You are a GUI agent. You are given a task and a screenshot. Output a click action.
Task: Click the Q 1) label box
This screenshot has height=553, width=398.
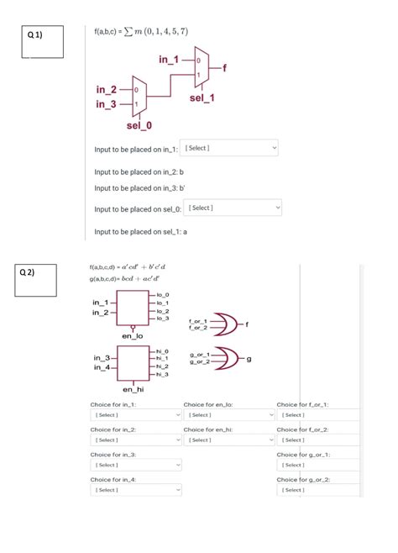pos(43,42)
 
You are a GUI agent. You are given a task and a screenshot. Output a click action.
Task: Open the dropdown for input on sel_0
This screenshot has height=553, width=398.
pos(233,208)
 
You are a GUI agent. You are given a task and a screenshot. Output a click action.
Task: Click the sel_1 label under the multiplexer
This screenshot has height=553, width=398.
pos(202,98)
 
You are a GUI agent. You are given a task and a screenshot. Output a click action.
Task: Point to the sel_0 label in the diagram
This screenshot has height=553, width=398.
pos(139,125)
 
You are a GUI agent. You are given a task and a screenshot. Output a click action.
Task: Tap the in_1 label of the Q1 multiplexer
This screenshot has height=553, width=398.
pos(168,60)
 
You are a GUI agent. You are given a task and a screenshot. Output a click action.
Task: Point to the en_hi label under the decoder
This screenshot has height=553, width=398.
pos(133,389)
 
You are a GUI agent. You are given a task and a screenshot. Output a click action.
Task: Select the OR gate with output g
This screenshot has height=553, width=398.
pos(225,358)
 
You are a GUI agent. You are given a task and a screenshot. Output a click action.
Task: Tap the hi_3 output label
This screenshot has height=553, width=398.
pos(163,374)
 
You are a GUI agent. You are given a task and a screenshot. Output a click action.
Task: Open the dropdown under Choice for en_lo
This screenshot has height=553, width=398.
pos(228,414)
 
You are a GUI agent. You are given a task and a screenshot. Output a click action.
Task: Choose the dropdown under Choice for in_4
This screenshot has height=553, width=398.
pos(136,489)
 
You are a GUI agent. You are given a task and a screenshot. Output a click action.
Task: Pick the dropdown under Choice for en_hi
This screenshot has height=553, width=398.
pos(228,440)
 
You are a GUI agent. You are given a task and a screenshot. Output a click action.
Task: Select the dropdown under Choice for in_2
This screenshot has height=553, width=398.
pos(136,440)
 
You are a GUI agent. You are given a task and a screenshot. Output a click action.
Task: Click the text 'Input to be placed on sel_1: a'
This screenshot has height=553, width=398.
pos(141,231)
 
